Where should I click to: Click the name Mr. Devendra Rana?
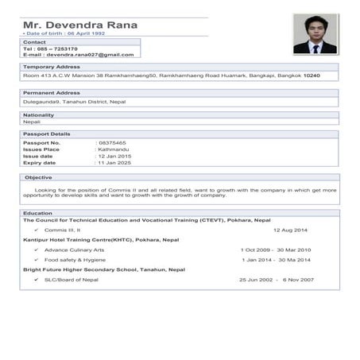79,25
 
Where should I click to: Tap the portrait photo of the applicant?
315,34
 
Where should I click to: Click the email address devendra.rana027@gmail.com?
89,55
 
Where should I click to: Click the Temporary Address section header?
51,68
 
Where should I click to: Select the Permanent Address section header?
52,93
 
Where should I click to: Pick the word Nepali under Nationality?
32,122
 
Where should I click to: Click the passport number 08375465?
111,142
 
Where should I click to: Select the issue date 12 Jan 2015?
114,156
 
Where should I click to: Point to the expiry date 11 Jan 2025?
114,162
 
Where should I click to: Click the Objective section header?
38,177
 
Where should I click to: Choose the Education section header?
37,213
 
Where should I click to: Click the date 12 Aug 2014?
289,230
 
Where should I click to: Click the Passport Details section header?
46,134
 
